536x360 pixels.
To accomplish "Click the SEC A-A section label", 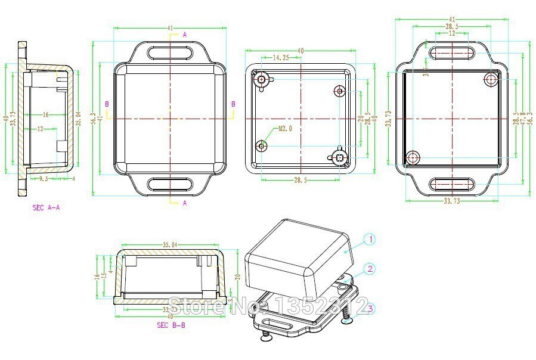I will [x=46, y=207].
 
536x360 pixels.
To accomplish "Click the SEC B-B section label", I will [x=171, y=325].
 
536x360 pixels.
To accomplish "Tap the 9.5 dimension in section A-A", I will [x=44, y=178].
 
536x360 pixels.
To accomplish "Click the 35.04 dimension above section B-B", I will [x=170, y=244].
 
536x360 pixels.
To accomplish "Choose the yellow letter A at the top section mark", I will [x=185, y=35].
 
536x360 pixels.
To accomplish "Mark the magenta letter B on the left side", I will [x=107, y=104].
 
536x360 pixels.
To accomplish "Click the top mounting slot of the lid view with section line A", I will [x=170, y=52].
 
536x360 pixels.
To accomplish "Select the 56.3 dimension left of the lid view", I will [x=92, y=118].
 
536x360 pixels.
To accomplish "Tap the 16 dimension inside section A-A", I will [x=45, y=114].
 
